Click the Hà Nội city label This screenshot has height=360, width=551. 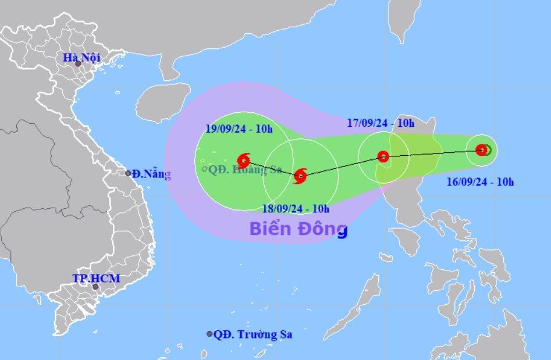point(82,58)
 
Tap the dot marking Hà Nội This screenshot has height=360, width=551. point(77,64)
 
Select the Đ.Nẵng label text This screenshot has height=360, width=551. point(151,173)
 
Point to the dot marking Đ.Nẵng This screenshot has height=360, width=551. point(129,173)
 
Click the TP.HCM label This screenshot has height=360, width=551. point(96,279)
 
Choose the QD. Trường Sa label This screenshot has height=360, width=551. point(253,334)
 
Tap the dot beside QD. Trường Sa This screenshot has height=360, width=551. point(209,334)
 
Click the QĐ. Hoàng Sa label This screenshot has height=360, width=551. point(245,169)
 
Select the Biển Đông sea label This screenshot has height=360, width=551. point(298,229)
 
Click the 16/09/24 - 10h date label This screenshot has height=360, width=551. point(480,182)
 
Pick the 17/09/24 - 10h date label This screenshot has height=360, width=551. point(381,123)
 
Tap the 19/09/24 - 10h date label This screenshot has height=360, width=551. point(239,129)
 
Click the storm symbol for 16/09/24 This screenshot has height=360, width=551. point(482,150)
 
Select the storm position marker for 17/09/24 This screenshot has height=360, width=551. point(383,156)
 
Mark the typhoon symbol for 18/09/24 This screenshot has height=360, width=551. point(300,175)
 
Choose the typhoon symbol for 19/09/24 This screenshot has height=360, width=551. point(244,160)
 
